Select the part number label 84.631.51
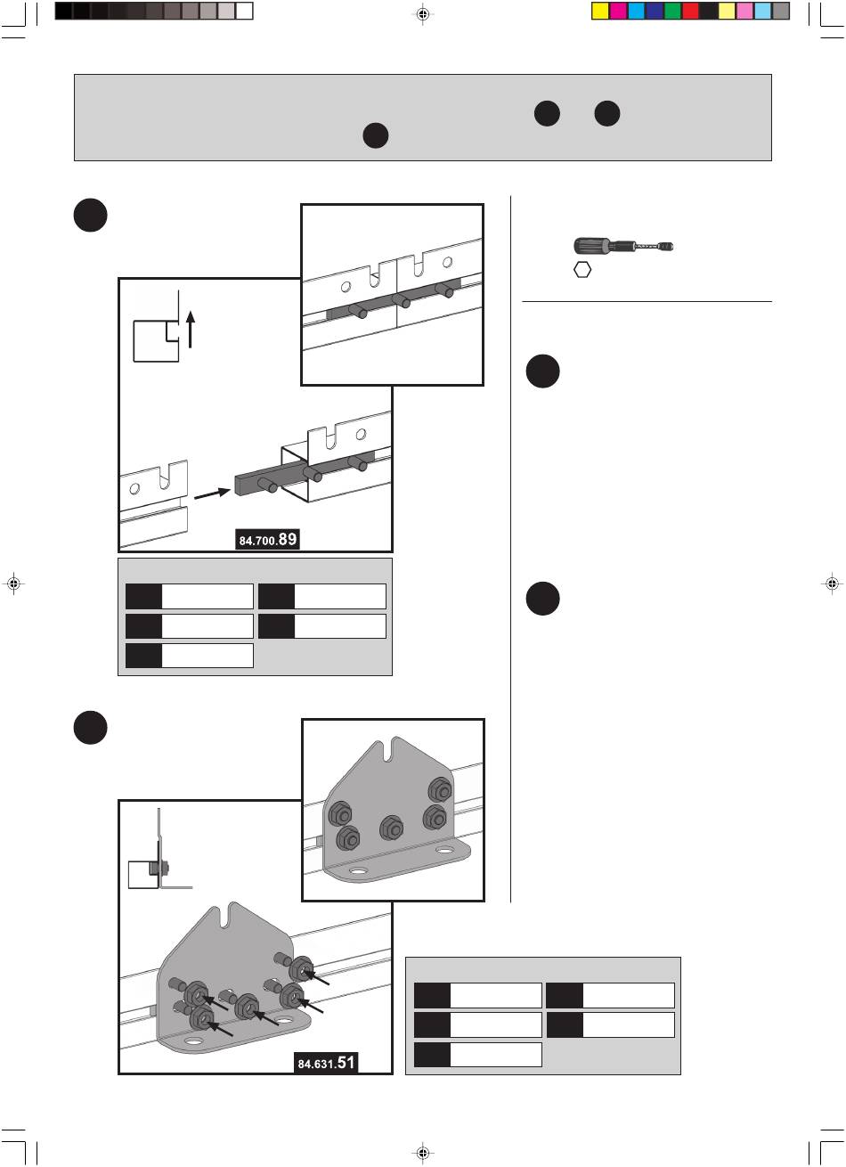pos(326,1062)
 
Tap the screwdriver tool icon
pos(621,246)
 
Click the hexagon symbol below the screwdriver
pos(582,271)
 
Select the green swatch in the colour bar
pos(672,12)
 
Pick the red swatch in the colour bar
pos(690,12)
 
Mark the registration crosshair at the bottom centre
pos(423,1154)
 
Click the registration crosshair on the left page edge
pos(13,583)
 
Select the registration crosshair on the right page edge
pos(832,583)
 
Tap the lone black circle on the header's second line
pos(376,136)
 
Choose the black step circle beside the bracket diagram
pos(91,728)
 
